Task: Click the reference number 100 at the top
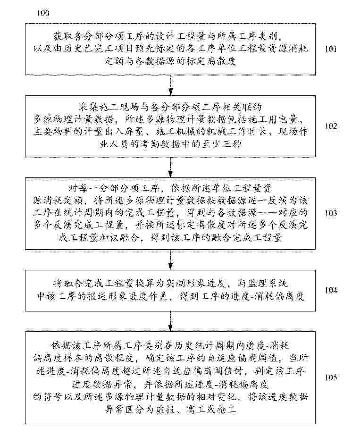[x=43, y=13]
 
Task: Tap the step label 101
[x=331, y=49]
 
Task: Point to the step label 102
[x=331, y=126]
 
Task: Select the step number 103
[x=331, y=213]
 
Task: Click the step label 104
[x=331, y=290]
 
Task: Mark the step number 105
[x=331, y=377]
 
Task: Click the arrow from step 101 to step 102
[x=170, y=85]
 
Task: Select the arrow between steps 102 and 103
[x=170, y=167]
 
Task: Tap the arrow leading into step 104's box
[x=170, y=260]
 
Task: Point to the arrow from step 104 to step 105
[x=170, y=321]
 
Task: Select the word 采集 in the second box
[x=86, y=107]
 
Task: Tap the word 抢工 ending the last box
[x=228, y=409]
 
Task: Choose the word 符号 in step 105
[x=53, y=396]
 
